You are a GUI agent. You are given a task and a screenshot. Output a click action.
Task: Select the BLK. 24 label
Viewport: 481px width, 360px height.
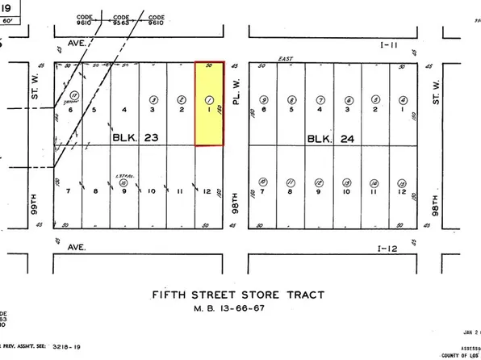pyautogui.click(x=325, y=139)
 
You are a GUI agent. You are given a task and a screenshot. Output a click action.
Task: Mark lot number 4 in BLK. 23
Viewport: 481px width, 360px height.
pyautogui.click(x=123, y=109)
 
